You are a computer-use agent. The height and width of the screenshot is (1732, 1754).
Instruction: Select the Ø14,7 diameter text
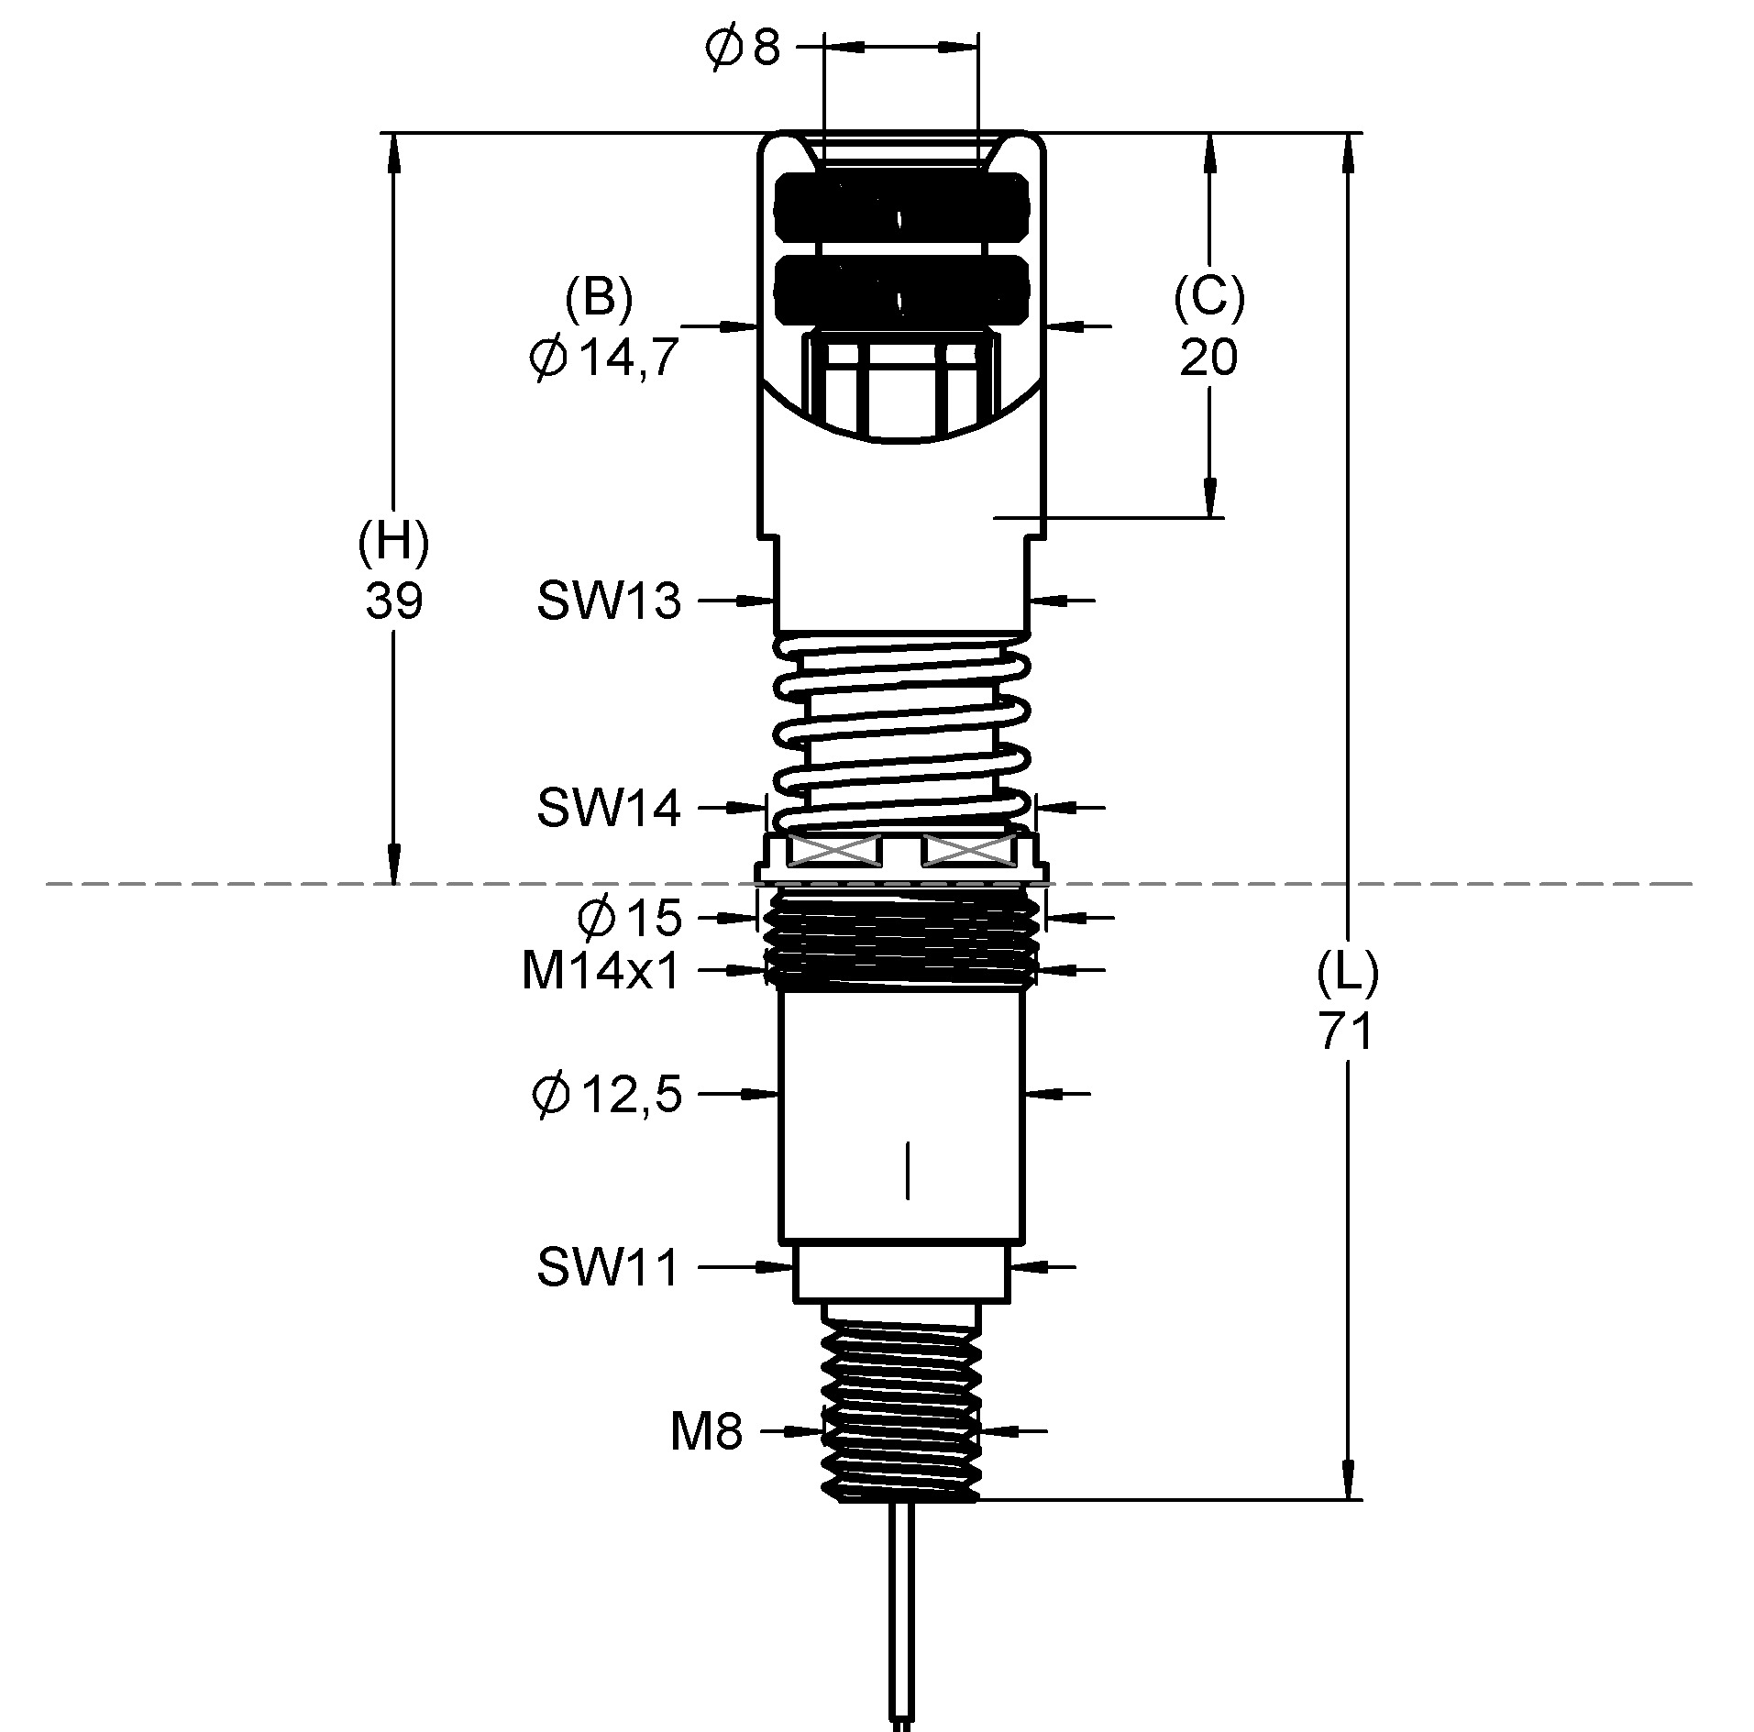coord(602,358)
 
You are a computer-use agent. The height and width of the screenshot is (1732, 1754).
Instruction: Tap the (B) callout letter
coord(600,298)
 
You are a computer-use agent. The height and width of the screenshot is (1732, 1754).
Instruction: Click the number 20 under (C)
coord(1208,358)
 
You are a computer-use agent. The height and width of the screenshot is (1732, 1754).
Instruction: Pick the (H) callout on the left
coord(393,543)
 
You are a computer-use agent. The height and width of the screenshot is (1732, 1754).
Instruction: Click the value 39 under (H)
coord(393,602)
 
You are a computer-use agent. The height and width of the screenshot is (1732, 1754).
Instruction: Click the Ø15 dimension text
coord(630,918)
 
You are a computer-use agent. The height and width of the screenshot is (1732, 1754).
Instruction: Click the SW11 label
coord(608,1268)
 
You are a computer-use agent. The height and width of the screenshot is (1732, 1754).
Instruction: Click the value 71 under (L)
coord(1347,1031)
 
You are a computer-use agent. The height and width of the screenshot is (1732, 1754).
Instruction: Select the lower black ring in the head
coord(900,291)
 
